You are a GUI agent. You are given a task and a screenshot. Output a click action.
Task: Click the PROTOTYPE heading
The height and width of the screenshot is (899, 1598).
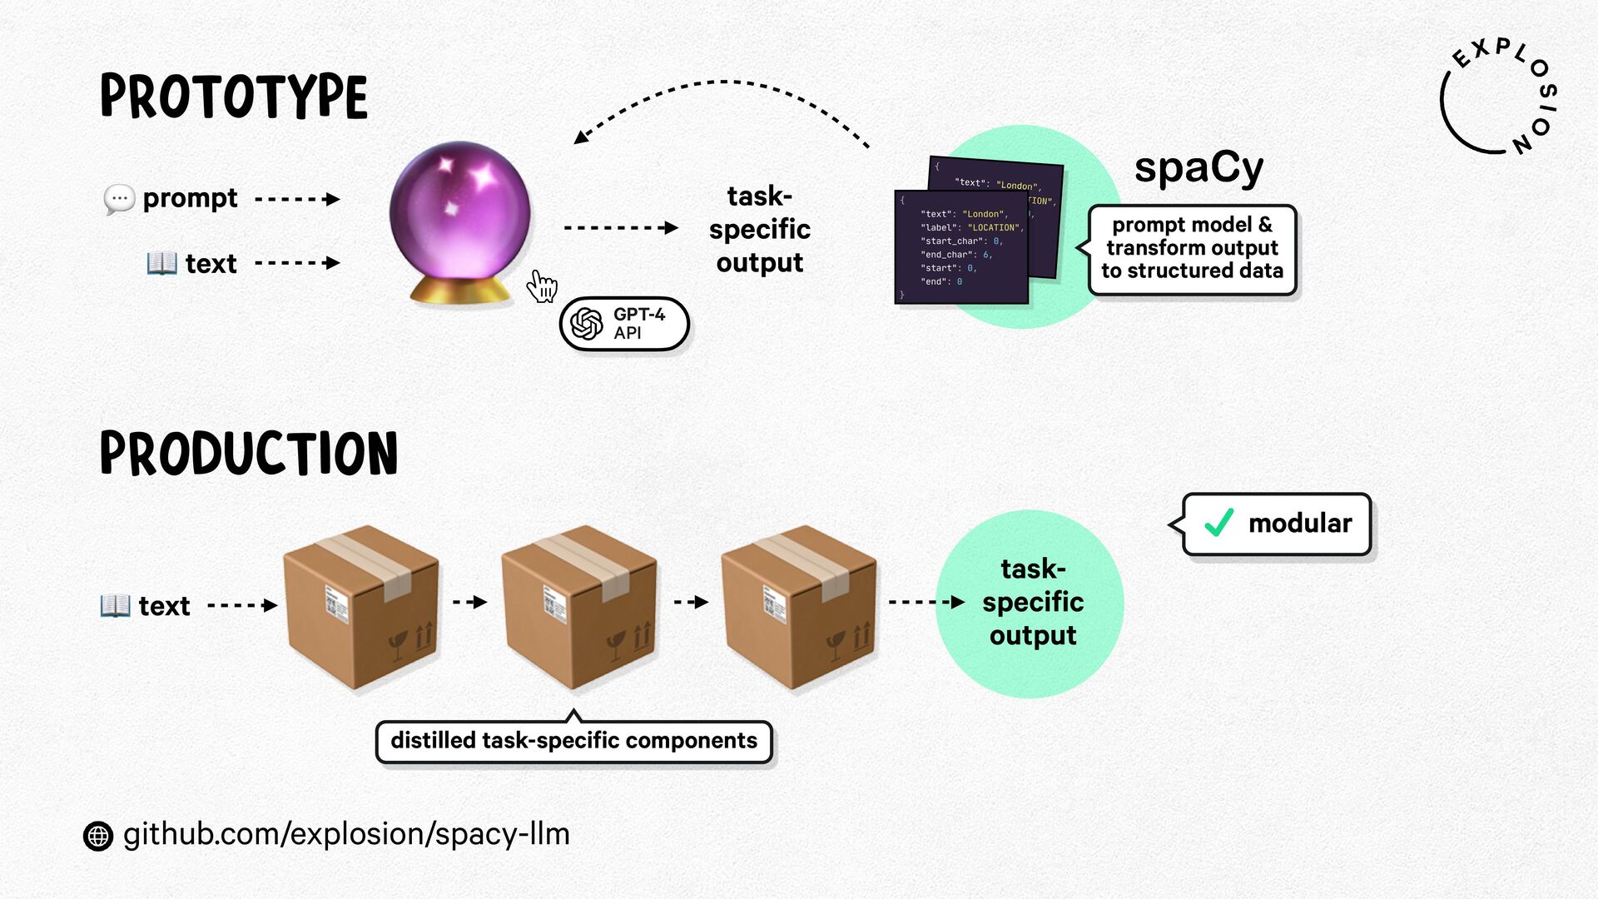click(x=234, y=97)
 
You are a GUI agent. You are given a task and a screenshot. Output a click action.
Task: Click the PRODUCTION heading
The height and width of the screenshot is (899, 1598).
click(x=249, y=454)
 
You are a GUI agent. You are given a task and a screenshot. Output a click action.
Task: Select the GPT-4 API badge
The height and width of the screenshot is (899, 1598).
click(x=624, y=324)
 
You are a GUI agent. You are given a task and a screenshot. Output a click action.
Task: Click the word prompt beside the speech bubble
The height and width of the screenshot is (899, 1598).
click(x=190, y=198)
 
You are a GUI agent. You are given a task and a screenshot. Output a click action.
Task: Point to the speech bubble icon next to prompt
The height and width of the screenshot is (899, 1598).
click(x=119, y=199)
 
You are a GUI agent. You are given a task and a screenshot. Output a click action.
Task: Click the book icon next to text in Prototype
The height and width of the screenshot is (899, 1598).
click(x=161, y=263)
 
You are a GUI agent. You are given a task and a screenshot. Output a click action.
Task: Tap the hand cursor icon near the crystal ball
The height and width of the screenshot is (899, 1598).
click(x=542, y=286)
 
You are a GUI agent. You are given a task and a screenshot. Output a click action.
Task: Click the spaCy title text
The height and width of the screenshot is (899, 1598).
click(x=1198, y=167)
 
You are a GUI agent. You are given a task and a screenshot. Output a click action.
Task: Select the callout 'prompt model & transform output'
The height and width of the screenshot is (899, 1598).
click(x=1192, y=249)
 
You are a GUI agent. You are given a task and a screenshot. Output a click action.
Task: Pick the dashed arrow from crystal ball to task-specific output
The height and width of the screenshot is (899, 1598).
click(x=620, y=227)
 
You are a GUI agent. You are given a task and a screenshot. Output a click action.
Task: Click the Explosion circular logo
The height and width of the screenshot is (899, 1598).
click(x=1498, y=97)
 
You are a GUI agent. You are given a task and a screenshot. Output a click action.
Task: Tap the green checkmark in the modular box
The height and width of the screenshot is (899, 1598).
click(x=1219, y=523)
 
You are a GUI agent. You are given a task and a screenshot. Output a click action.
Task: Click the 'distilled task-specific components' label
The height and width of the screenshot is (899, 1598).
click(x=574, y=741)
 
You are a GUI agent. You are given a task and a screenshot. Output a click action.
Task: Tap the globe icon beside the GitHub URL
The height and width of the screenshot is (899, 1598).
click(x=98, y=835)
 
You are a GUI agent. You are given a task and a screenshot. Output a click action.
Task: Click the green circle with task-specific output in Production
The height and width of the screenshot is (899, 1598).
click(x=1030, y=603)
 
